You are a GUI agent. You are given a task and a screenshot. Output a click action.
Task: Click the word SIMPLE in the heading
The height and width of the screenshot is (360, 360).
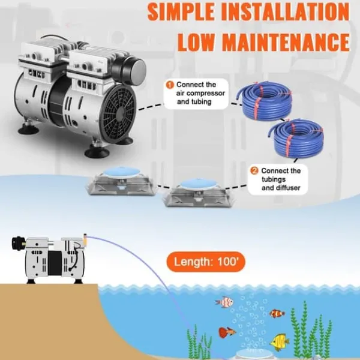click(181, 11)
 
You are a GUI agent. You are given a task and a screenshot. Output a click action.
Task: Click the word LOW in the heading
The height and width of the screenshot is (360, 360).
click(196, 43)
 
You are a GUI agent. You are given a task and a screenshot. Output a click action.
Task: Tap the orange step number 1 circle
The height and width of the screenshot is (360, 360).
click(170, 85)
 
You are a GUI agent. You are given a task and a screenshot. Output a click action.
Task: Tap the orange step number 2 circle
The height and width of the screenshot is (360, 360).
click(254, 171)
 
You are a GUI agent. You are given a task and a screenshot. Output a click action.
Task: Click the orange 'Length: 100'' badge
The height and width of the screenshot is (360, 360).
click(206, 262)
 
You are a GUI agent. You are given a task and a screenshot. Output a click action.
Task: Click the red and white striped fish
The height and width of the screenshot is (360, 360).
click(224, 302)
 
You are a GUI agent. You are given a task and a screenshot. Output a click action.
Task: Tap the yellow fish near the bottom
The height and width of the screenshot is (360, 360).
click(279, 341)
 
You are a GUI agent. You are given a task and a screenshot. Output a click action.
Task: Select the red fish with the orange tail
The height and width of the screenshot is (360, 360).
click(227, 332)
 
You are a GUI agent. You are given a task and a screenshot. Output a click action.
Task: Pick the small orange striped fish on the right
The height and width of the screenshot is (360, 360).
click(277, 313)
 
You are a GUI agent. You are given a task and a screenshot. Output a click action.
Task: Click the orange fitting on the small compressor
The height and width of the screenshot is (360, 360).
click(85, 238)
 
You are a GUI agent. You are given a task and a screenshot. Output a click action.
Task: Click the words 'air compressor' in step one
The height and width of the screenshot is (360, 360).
click(200, 94)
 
